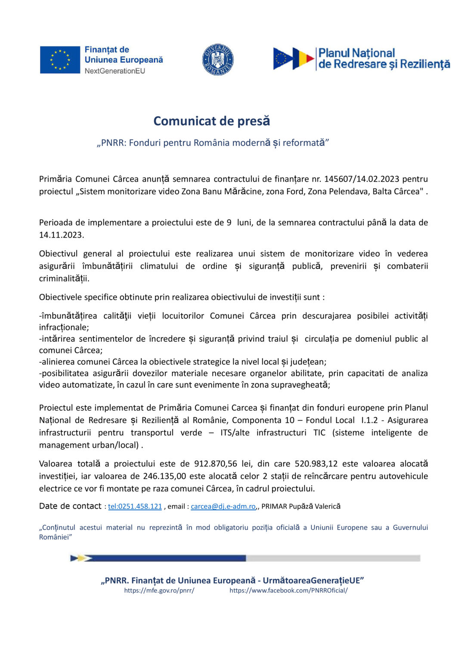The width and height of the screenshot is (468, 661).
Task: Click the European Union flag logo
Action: click(60, 60)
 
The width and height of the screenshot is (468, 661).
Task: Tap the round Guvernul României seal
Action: click(218, 59)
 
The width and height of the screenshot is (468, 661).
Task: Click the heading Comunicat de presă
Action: click(212, 121)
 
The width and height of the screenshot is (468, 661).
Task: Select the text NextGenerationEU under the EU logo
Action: click(115, 71)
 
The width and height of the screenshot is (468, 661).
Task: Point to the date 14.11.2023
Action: click(61, 235)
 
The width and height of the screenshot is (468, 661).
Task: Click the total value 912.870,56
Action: click(216, 464)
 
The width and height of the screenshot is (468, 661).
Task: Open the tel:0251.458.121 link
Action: click(135, 507)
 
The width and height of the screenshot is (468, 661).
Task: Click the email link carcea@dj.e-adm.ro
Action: click(223, 507)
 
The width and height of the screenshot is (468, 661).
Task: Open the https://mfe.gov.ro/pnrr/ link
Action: click(159, 590)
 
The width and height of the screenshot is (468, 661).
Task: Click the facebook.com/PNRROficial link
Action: click(288, 590)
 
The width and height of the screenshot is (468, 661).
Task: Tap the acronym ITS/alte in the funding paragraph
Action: click(235, 432)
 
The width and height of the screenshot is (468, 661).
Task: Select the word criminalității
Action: click(64, 278)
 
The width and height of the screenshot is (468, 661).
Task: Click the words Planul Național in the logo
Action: click(356, 53)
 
